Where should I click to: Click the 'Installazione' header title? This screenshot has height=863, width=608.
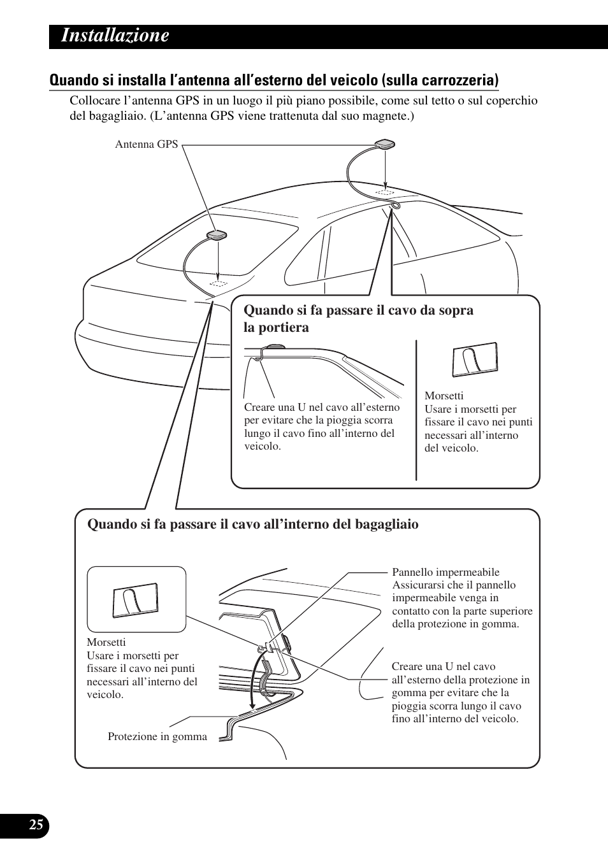point(115,36)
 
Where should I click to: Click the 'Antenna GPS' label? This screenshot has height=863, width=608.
point(146,145)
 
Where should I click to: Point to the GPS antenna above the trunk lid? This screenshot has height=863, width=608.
point(217,236)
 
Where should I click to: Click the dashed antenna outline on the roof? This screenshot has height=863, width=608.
point(384,192)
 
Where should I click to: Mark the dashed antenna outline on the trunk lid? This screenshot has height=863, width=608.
point(219,282)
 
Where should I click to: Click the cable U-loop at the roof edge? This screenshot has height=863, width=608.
point(396,205)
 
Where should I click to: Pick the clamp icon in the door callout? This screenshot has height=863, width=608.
point(475,360)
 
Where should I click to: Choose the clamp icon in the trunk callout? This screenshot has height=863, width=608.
point(136,600)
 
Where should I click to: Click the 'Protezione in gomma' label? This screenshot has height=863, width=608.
point(157,737)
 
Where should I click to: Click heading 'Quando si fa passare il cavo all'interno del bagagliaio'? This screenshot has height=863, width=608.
point(253,524)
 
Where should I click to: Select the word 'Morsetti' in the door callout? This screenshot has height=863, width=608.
point(444,396)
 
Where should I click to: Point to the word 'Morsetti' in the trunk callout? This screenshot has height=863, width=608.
point(106,642)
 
